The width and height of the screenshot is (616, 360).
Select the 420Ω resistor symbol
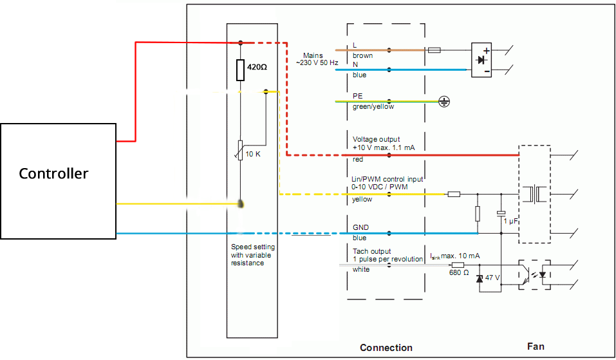241,70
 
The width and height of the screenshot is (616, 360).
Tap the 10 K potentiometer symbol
240,150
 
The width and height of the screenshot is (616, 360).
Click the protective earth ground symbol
444,102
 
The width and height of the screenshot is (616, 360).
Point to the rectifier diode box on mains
481,60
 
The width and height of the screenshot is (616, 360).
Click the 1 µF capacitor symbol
501,213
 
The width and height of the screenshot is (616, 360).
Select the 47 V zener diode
480,279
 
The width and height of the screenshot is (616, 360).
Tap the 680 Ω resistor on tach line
458,265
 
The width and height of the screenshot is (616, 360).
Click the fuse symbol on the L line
434,50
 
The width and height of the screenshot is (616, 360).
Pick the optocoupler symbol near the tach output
534,275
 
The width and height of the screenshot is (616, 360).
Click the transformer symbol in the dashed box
534,194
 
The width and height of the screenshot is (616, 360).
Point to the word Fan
536,346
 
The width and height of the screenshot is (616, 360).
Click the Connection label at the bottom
386,348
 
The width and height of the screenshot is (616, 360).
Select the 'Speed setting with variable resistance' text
252,254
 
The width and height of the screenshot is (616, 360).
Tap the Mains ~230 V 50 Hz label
317,59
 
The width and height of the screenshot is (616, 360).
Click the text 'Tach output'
371,251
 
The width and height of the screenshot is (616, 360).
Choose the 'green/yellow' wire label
373,106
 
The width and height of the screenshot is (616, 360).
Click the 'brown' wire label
362,56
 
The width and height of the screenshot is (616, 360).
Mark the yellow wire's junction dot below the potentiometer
241,204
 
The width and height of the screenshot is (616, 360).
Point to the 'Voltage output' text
376,139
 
